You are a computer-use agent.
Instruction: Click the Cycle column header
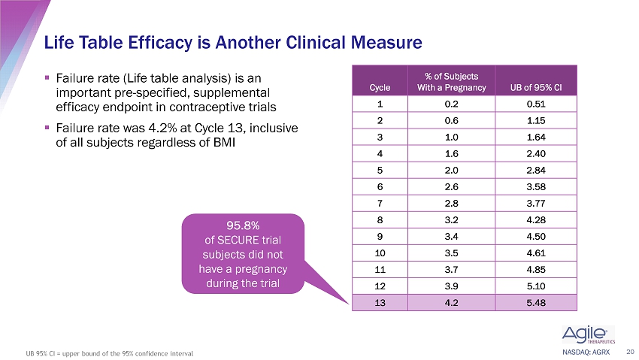(380, 87)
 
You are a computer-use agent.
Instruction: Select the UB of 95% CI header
(536, 87)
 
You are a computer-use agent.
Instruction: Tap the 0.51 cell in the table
(536, 104)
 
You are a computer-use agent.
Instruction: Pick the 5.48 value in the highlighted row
(536, 303)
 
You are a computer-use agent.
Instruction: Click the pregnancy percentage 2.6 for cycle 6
(452, 187)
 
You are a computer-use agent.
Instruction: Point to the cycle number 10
(380, 253)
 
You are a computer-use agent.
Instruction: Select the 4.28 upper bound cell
(536, 220)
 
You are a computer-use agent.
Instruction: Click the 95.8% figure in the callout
(243, 225)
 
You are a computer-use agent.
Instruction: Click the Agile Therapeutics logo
(588, 334)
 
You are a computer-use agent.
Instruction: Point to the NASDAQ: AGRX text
(586, 352)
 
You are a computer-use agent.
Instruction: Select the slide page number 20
(630, 352)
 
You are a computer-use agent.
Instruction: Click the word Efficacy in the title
(159, 43)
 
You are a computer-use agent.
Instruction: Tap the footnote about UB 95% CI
(109, 353)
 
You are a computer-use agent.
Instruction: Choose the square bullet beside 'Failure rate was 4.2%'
(47, 128)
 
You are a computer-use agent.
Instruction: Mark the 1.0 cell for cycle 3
(452, 138)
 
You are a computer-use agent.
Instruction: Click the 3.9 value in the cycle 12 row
(452, 286)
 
